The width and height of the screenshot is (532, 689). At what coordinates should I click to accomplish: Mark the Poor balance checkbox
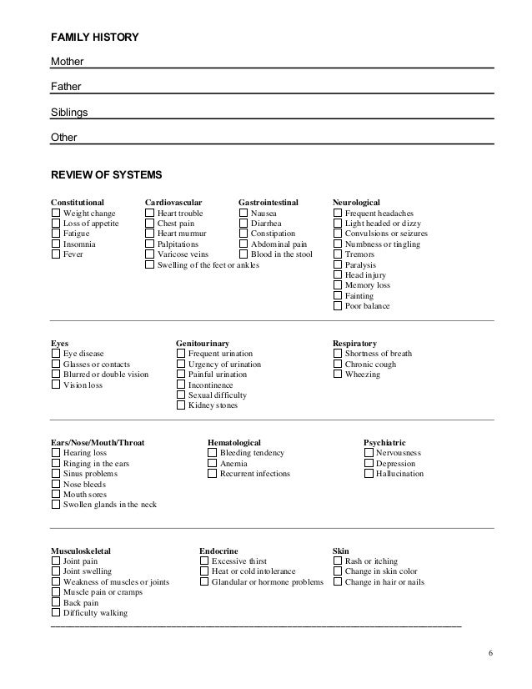[338, 306]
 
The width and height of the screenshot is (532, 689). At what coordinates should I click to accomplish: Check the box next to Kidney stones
[181, 405]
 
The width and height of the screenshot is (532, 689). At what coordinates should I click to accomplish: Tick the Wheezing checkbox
[338, 375]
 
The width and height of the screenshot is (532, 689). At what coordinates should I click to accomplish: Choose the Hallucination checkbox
[369, 474]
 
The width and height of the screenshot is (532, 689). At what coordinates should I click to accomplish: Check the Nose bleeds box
[56, 484]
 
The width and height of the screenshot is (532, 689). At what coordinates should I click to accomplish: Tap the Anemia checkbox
[213, 464]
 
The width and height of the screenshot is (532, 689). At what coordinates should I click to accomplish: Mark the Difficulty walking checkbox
[56, 613]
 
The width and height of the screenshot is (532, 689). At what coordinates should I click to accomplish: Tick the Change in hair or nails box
[338, 582]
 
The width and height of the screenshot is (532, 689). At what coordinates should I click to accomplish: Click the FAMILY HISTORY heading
[95, 38]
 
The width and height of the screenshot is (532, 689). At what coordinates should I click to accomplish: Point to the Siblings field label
[69, 112]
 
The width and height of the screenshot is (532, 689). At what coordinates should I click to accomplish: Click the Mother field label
[67, 62]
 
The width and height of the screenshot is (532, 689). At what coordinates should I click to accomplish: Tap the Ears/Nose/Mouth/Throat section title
[98, 442]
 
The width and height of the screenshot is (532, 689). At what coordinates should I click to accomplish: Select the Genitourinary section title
[203, 343]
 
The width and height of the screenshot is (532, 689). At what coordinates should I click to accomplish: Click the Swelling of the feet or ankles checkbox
[150, 265]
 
